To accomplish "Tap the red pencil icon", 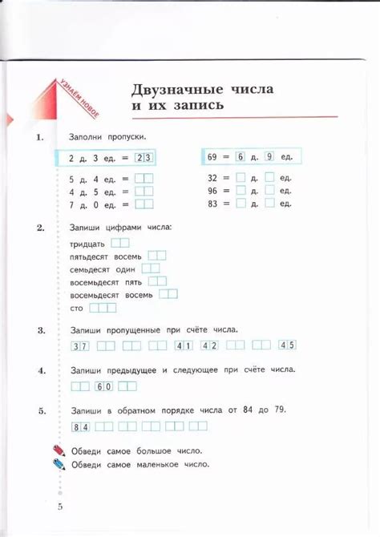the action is (x=58, y=450).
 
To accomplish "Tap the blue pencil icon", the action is (x=58, y=463).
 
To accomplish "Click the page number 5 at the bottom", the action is (x=59, y=507).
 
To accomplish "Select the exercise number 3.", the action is (x=41, y=329).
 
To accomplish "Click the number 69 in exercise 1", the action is (x=212, y=156).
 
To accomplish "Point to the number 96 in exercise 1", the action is (x=212, y=192).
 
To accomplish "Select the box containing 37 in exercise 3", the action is (x=80, y=346).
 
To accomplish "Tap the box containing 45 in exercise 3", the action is (x=287, y=345).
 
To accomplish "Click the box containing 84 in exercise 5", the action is (x=80, y=426).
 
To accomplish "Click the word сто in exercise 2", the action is (x=77, y=308).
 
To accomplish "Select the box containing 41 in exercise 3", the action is (x=184, y=346).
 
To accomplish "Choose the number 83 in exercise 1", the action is (x=212, y=204).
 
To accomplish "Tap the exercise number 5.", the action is (x=41, y=410).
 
